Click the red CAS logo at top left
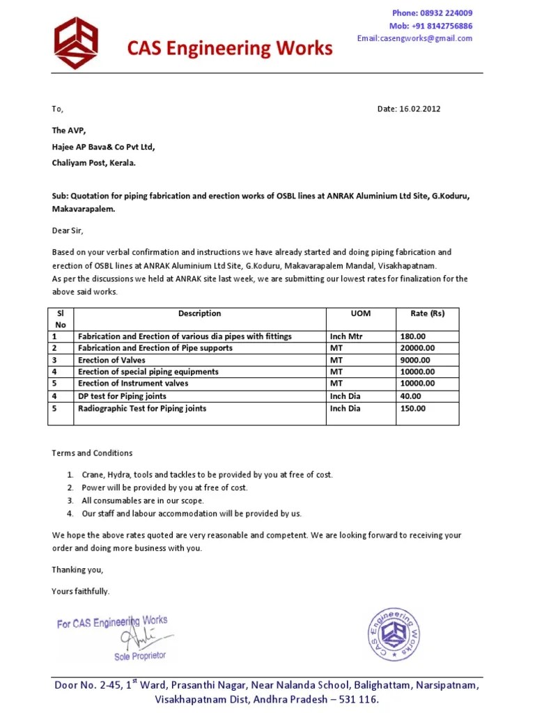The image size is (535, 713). pyautogui.click(x=77, y=43)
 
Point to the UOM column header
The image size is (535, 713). pyautogui.click(x=361, y=313)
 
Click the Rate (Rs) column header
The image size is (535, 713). pyautogui.click(x=427, y=313)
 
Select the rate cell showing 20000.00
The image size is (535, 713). pyautogui.click(x=417, y=348)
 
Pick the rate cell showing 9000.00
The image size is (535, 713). pyautogui.click(x=415, y=360)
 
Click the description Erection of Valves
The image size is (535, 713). pyautogui.click(x=112, y=360)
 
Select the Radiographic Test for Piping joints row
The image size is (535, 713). pyautogui.click(x=142, y=408)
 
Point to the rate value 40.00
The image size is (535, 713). pyautogui.click(x=411, y=396)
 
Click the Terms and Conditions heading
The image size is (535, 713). pyautogui.click(x=92, y=453)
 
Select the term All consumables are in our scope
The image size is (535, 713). pyautogui.click(x=143, y=501)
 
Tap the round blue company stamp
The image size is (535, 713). pyautogui.click(x=394, y=634)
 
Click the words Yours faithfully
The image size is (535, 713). pyautogui.click(x=81, y=591)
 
